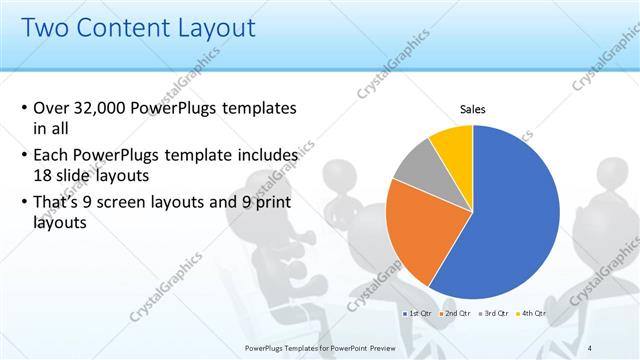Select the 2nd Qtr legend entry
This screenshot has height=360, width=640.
456,314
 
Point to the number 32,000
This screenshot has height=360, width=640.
105,108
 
